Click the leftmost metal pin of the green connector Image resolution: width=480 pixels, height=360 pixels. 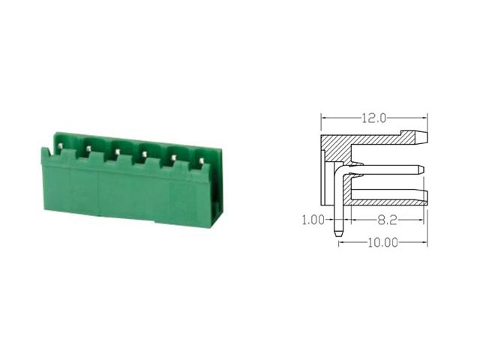coord(60,147)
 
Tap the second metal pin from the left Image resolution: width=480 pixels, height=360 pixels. coord(88,148)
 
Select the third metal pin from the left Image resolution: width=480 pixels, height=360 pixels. coord(117,151)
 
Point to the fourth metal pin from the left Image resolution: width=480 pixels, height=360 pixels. coord(143,154)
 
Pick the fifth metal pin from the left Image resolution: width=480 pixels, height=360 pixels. coord(173,158)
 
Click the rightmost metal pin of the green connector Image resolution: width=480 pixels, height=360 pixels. coord(201,160)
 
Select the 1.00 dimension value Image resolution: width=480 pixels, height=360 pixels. coord(313,220)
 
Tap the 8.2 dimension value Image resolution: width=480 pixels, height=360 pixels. coord(387,220)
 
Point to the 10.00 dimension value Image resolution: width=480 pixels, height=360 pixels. coord(382,243)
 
